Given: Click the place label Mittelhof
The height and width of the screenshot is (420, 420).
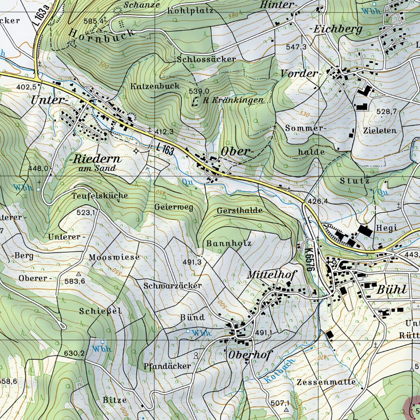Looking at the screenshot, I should tap(269, 275).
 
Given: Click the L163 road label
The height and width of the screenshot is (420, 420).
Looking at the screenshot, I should tap(165, 150).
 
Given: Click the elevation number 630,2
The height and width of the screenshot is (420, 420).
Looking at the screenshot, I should tap(74, 353).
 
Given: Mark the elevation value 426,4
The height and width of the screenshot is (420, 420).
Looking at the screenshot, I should tap(317, 201).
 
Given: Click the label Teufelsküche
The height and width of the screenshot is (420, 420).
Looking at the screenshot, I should tap(100, 196).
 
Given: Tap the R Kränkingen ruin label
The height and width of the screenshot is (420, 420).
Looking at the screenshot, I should tap(232, 100).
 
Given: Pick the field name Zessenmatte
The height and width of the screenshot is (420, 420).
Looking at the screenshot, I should tap(326, 382).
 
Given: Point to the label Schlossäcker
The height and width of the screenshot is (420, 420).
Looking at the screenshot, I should tap(206, 59).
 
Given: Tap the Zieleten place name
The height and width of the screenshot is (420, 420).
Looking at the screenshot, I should tap(380, 130).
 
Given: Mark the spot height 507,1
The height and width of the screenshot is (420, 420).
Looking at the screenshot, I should tap(280, 402).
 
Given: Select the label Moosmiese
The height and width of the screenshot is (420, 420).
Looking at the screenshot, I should tap(114, 257).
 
